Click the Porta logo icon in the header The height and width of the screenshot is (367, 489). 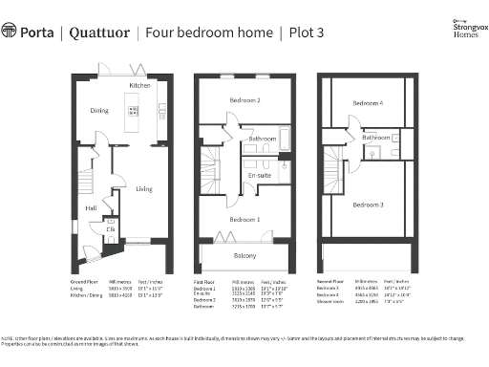coord(10,32)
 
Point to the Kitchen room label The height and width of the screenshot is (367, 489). coord(139,86)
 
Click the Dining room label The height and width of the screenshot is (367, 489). coord(99,111)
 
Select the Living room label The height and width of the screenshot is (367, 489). coord(143,188)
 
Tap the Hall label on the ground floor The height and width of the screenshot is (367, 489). coord(90,206)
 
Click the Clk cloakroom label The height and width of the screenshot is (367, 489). coord(110,229)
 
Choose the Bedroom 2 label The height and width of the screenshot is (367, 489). coord(244,99)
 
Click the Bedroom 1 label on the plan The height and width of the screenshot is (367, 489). coord(244,219)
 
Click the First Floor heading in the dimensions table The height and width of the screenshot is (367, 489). coord(204,283)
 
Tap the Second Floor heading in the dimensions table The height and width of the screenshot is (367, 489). coord(330,283)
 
